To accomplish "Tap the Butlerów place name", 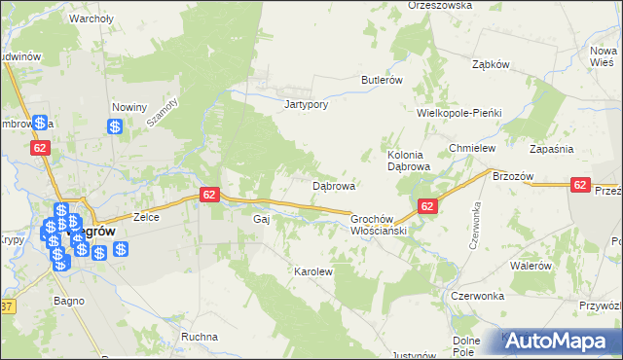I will click(382, 80).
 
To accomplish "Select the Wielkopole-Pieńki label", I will click(458, 113).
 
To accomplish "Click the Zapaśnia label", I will click(551, 148).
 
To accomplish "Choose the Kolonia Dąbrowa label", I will click(409, 161).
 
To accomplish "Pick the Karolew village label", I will click(313, 271).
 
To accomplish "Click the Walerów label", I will click(531, 266).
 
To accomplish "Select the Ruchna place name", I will click(200, 337).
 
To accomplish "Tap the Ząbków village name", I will click(491, 64).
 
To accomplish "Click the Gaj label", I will click(260, 219).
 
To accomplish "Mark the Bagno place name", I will click(65, 304).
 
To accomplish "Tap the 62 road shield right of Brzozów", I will click(580, 184).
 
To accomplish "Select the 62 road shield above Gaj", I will click(209, 195).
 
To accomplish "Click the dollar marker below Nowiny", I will click(115, 126).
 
